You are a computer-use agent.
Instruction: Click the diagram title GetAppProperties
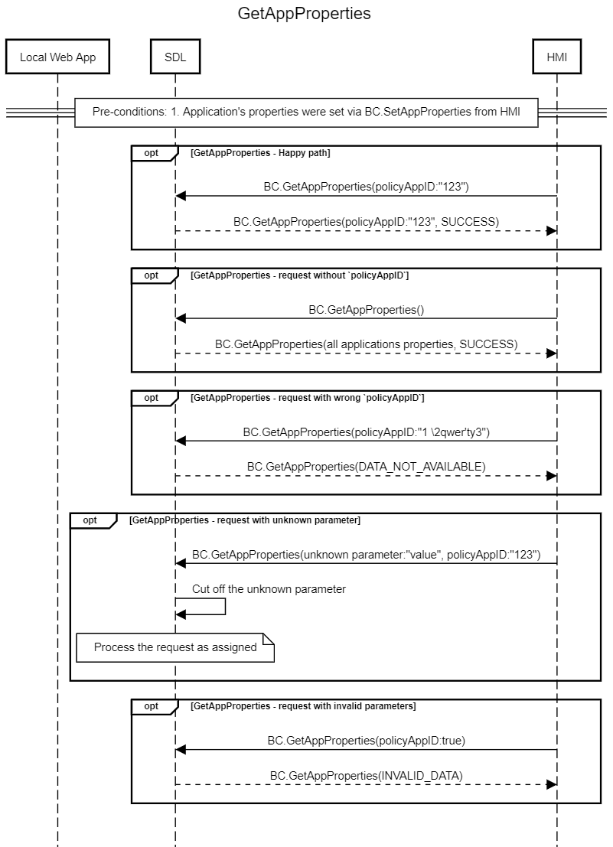tap(304, 13)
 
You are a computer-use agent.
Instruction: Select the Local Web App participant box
tap(58, 56)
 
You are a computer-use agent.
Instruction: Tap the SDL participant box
tap(175, 56)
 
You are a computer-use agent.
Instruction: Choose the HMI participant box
tap(557, 56)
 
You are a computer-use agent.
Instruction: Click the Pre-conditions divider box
tap(306, 112)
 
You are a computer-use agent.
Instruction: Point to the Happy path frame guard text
tap(260, 153)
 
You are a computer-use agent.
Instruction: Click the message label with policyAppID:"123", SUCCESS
tap(366, 221)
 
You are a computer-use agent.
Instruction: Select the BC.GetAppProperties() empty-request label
tap(366, 310)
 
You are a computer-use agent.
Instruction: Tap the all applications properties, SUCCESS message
tap(366, 344)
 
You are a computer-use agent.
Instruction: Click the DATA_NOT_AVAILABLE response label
tap(366, 466)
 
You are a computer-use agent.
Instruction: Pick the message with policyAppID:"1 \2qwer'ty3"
tap(366, 432)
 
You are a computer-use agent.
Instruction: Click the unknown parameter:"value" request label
tap(366, 554)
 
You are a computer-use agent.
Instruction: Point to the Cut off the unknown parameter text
tap(269, 589)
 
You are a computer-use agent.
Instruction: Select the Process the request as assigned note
tap(175, 647)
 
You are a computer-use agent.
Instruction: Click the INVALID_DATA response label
tap(366, 775)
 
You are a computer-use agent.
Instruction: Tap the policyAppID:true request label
tap(366, 740)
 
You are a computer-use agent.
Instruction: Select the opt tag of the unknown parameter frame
tap(90, 520)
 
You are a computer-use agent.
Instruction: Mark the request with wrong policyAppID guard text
tap(308, 398)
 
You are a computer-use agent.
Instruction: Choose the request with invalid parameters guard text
tap(303, 706)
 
